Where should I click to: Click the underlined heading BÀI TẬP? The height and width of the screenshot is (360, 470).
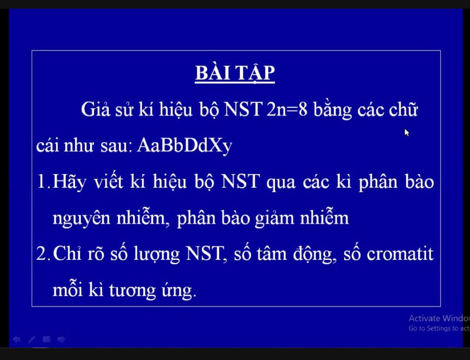[235, 73]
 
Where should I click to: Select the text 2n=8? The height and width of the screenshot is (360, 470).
[287, 109]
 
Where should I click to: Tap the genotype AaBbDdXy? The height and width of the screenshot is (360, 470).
[185, 146]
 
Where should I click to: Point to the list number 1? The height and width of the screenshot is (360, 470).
[43, 181]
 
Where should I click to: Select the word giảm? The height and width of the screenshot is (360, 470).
[274, 218]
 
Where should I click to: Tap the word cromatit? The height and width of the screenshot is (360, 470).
[400, 254]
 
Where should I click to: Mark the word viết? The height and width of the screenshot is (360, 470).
[108, 181]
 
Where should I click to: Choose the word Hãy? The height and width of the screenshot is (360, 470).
[69, 182]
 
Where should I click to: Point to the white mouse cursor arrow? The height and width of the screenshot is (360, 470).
[407, 133]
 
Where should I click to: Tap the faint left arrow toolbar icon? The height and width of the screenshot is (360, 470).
[17, 339]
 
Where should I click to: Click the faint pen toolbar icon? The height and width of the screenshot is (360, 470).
[32, 340]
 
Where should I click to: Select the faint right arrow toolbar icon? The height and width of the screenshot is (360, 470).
[61, 339]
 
